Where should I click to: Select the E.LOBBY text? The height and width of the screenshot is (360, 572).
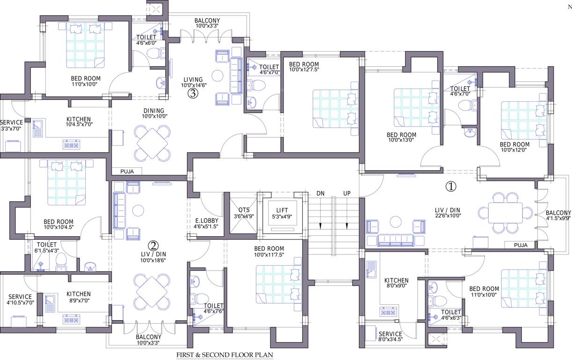pos(205,220)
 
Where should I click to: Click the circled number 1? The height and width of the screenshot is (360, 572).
pos(450,187)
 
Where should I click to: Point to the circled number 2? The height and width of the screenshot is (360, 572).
pos(153,245)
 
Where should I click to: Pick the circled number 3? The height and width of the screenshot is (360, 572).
pos(193,93)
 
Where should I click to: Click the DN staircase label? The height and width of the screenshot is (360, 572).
pos(320,193)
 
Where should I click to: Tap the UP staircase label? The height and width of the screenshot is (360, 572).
pos(347,193)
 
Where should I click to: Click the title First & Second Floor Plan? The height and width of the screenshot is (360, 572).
pos(224,355)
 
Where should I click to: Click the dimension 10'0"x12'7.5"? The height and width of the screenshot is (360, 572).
pos(304,70)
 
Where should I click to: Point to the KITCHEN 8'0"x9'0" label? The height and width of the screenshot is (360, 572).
pos(396,283)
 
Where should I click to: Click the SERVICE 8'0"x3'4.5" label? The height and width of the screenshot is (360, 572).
pos(390,337)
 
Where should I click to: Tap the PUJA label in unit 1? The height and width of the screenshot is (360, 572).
pos(520,245)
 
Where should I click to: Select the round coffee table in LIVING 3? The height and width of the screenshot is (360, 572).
pos(217,75)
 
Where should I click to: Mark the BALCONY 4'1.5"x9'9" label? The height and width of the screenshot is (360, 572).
pos(558,215)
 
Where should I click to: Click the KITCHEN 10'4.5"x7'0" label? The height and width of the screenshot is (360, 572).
pos(78,122)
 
